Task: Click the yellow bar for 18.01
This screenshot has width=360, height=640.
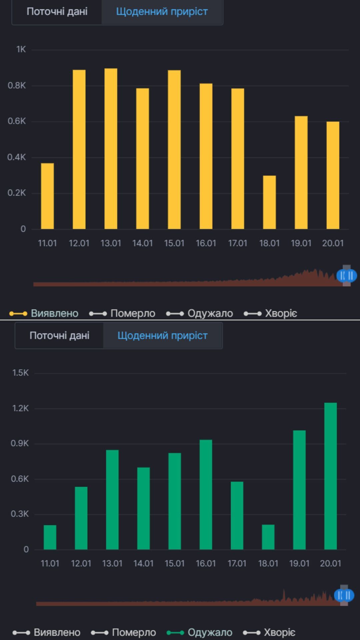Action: click(269, 202)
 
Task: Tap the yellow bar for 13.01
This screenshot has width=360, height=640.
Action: click(111, 149)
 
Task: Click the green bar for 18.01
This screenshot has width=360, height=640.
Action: click(268, 537)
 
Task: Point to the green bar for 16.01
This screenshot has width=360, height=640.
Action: click(206, 495)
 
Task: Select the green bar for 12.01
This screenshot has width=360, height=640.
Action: click(81, 518)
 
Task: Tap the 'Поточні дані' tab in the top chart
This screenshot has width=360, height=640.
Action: click(57, 12)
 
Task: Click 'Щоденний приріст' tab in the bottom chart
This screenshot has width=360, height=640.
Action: click(163, 335)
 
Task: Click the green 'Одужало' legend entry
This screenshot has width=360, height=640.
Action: click(200, 632)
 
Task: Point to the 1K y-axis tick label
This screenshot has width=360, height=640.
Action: click(21, 49)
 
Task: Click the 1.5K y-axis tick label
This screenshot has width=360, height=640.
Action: click(21, 373)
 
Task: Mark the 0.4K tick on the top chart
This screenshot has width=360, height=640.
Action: click(17, 157)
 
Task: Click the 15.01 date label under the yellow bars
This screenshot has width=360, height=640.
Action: click(174, 243)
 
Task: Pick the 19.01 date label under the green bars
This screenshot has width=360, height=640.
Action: click(299, 563)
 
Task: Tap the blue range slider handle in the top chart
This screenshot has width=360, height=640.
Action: click(347, 276)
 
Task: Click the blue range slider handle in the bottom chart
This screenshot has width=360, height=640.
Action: click(344, 595)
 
